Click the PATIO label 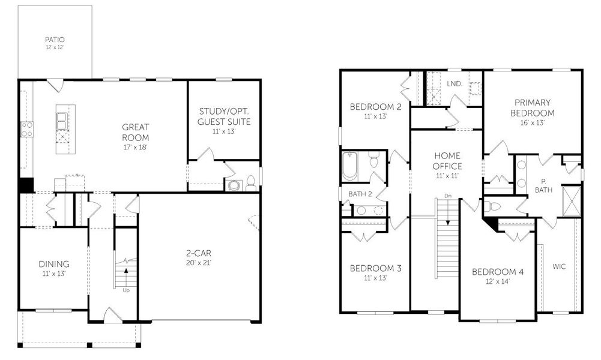[55, 40]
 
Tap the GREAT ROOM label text [135, 132]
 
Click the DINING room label [54, 264]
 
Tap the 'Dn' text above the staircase [447, 196]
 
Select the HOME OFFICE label [447, 161]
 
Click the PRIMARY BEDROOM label [533, 107]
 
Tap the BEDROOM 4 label [498, 272]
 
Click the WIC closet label [559, 266]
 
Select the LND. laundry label [455, 84]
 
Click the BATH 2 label [361, 194]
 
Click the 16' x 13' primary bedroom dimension [533, 122]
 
